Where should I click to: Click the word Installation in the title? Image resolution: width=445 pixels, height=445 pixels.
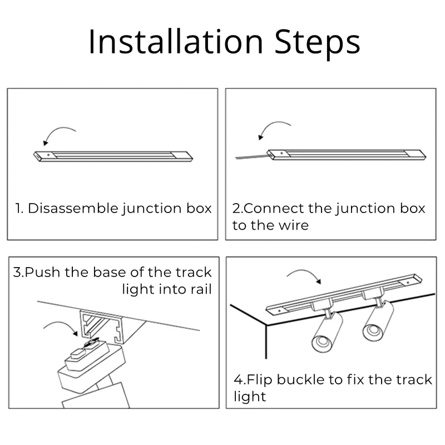pos(176,42)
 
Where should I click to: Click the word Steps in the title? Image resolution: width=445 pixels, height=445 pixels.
pos(317,44)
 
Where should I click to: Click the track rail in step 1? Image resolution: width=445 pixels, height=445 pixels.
pos(113,156)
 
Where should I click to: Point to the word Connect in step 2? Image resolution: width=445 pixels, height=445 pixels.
pos(274,208)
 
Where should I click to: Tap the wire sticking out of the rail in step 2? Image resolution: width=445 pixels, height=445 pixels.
pos(252,156)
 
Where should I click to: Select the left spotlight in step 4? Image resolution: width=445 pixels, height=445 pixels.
pos(327,330)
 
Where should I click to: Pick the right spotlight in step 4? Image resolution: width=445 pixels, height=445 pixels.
pos(378,320)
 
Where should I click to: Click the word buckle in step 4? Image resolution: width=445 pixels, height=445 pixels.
pos(300,380)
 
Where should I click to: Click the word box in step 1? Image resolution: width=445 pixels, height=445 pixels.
pos(199,208)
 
